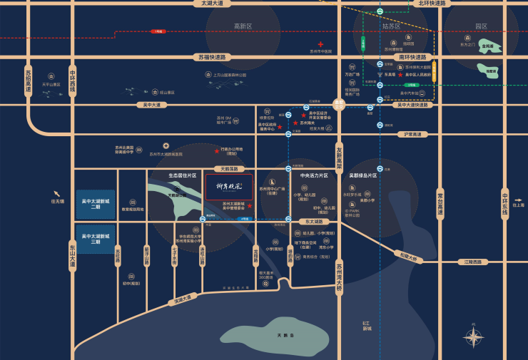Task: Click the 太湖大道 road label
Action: [212, 4]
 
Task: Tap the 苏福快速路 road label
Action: [212, 57]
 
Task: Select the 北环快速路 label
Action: [432, 4]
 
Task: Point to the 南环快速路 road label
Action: [412, 57]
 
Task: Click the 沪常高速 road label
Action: [414, 133]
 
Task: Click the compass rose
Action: [473, 337]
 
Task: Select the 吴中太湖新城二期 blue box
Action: [96, 204]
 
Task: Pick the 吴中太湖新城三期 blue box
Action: [96, 239]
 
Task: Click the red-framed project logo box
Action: [229, 187]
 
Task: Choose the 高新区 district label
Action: [243, 26]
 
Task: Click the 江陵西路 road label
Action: [473, 262]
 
